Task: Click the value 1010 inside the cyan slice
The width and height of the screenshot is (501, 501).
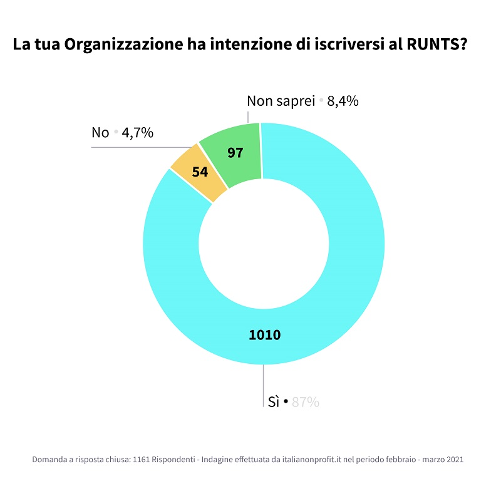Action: (265, 335)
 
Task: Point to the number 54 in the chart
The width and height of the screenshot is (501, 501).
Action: (200, 172)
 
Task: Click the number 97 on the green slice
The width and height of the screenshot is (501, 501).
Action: (235, 152)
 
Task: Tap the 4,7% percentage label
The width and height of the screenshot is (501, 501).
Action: (138, 133)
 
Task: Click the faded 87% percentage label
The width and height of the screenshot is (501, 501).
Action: (306, 402)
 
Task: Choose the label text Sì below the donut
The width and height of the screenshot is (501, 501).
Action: (273, 402)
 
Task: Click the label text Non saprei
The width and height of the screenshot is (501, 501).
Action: (280, 101)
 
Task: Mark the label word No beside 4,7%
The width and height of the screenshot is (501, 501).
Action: (100, 133)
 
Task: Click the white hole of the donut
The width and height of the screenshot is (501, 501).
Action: (264, 244)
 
